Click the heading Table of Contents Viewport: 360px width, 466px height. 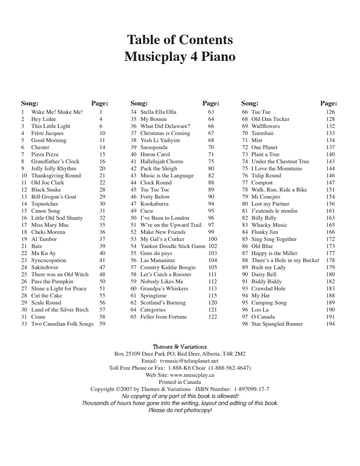pyautogui.click(x=180, y=40)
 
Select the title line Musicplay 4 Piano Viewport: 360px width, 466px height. pyautogui.click(x=180, y=57)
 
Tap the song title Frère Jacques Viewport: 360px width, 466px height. pyautogui.click(x=47, y=133)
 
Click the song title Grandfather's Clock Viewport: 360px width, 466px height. pyautogui.click(x=55, y=162)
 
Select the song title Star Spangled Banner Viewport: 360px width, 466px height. pyautogui.click(x=277, y=324)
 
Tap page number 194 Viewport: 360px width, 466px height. pyautogui.click(x=330, y=324)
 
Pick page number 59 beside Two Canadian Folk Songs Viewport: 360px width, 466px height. pyautogui.click(x=102, y=324)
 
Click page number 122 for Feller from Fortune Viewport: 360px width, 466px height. pyautogui.click(x=213, y=317)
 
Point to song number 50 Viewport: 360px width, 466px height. pyautogui.click(x=133, y=218)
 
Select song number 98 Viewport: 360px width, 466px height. pyautogui.click(x=245, y=324)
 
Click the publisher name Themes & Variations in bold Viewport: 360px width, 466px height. pyautogui.click(x=180, y=347)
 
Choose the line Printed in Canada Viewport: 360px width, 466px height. pyautogui.click(x=180, y=382)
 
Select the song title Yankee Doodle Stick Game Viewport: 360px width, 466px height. pyautogui.click(x=173, y=246)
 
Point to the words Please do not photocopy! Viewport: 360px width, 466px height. pyautogui.click(x=180, y=410)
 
